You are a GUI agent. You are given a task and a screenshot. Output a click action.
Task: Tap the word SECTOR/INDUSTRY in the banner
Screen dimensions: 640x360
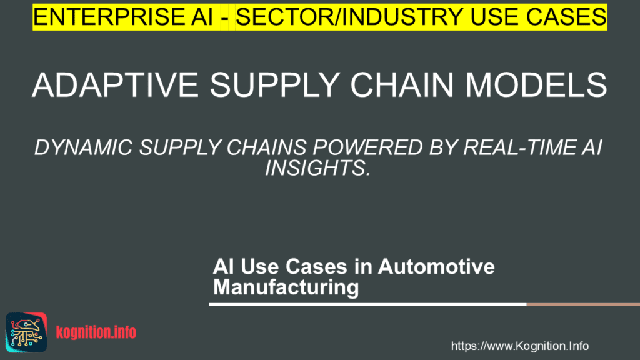coord(349,17)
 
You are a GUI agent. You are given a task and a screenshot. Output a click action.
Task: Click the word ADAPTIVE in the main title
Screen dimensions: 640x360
coord(116,85)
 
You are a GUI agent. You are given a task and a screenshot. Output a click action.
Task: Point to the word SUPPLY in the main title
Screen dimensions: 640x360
coord(275,85)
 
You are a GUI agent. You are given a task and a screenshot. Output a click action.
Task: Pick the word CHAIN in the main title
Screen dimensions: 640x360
coord(402,85)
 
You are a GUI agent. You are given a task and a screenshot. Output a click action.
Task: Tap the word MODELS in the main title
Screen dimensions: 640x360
coord(536,85)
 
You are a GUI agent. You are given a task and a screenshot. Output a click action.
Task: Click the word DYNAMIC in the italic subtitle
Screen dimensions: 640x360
coord(84,147)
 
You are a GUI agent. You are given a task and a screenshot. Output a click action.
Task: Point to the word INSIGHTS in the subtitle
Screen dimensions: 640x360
coord(318,167)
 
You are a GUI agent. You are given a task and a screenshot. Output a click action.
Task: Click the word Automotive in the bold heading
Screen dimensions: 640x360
coord(436,266)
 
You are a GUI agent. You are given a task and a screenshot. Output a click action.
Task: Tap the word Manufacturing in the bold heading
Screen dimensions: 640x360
coord(286,287)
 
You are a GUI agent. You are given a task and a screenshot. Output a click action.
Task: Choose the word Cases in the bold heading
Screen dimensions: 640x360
coord(317,266)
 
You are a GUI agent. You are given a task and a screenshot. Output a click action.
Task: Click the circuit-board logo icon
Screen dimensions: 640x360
coord(26,332)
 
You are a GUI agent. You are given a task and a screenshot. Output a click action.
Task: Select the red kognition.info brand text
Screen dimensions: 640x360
coord(96,332)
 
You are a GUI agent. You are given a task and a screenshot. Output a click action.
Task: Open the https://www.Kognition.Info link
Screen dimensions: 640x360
coord(520,346)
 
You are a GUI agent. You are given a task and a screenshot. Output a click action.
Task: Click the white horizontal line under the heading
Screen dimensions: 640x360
coord(367,304)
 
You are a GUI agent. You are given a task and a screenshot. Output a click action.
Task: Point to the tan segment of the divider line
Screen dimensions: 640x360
coord(583,304)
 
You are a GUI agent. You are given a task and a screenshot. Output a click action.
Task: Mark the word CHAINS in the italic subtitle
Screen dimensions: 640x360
coord(266,147)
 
